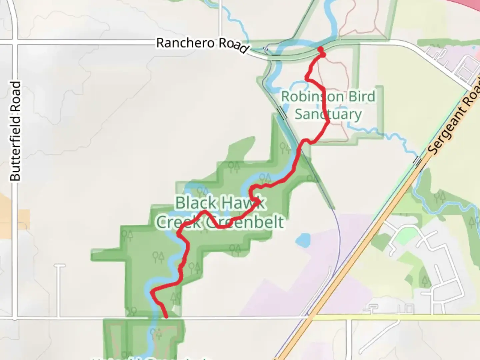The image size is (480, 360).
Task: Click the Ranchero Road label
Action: tap(202, 45)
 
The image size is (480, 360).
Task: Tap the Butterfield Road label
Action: tap(15, 131)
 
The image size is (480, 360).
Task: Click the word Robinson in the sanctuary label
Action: tap(308, 97)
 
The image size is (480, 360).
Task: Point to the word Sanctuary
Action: tap(328, 114)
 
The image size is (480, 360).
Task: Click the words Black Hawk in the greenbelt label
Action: tap(220, 203)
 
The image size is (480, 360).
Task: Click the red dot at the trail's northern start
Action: tap(321, 50)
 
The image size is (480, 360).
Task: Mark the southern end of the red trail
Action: tap(166, 317)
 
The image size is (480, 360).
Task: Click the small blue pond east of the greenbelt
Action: tap(303, 240)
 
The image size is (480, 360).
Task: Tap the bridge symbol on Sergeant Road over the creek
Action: tap(417, 161)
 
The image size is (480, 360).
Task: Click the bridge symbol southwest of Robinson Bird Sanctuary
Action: tap(282, 113)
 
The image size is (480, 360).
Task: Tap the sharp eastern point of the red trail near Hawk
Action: tap(260, 201)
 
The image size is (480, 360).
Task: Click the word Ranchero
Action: tap(185, 43)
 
